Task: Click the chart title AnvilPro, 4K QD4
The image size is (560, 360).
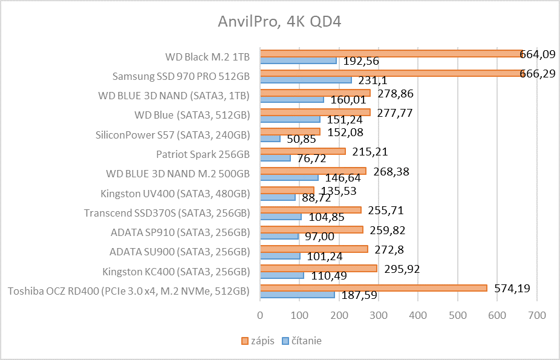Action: (x=279, y=22)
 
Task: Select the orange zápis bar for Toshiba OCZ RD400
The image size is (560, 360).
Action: (x=373, y=288)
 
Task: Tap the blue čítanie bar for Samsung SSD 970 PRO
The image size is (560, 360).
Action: (x=305, y=80)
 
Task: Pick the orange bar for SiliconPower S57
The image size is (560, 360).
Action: (x=290, y=131)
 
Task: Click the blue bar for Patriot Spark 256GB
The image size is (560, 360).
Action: (x=275, y=158)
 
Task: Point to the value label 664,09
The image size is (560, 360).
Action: (x=538, y=54)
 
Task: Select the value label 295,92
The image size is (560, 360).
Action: (x=400, y=269)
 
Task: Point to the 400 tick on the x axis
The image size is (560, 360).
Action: (x=418, y=315)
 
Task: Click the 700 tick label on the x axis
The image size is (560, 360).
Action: (x=536, y=315)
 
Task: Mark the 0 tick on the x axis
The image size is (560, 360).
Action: (x=260, y=315)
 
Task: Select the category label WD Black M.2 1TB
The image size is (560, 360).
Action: (x=207, y=57)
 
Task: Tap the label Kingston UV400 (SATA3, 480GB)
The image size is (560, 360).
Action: (x=175, y=194)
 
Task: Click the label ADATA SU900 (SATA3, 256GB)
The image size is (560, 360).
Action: (x=180, y=252)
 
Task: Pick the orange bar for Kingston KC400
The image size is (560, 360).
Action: (x=318, y=268)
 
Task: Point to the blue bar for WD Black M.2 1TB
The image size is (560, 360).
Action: (x=298, y=61)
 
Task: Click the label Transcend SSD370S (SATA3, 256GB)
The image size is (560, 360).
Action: (x=167, y=213)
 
